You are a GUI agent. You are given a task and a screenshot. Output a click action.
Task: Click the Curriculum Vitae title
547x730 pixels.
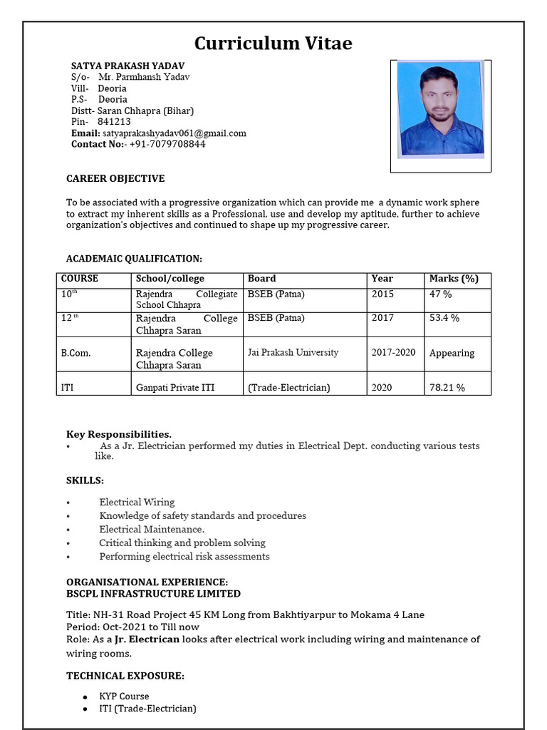[x=273, y=43]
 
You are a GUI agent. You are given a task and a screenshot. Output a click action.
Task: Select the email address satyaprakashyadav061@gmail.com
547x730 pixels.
[x=174, y=133]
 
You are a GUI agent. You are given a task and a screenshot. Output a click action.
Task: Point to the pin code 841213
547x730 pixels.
[x=114, y=122]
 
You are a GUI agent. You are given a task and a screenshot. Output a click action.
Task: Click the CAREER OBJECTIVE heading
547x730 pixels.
[x=115, y=178]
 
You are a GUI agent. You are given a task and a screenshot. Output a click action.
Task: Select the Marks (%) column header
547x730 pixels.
[x=454, y=279]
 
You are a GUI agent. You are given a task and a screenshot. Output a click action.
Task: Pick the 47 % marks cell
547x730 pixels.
[x=440, y=294]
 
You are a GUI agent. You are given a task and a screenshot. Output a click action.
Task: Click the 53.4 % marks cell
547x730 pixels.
[x=444, y=318]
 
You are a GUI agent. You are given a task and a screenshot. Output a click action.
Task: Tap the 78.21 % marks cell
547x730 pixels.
[x=447, y=388]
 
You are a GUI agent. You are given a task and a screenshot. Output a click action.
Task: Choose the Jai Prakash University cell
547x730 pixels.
[x=293, y=352]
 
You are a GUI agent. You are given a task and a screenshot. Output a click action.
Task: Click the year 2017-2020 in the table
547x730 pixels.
[x=393, y=352]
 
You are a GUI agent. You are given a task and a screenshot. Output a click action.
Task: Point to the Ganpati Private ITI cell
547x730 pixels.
[x=175, y=388]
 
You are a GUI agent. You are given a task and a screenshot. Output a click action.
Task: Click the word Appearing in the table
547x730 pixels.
[x=452, y=353]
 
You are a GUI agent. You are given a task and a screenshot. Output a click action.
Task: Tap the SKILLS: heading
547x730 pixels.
[x=85, y=480]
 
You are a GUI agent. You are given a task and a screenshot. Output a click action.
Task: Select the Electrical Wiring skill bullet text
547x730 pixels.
[x=137, y=502]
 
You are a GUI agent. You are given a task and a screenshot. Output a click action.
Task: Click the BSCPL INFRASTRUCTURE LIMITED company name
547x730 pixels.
[x=153, y=593]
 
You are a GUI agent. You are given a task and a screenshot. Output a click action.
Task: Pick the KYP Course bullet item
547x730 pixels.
[x=124, y=696]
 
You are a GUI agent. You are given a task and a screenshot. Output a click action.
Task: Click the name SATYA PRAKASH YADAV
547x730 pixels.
[x=118, y=66]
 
